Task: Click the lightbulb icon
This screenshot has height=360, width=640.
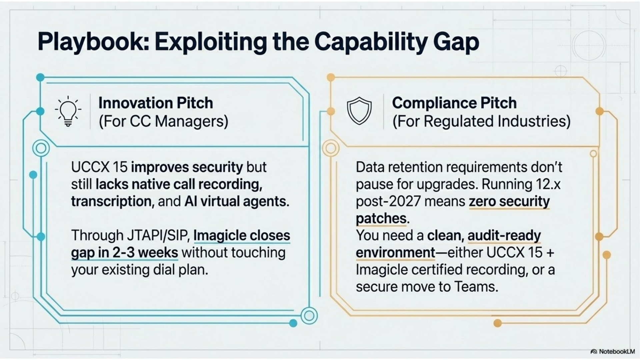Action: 68,111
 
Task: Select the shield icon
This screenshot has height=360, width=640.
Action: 359,111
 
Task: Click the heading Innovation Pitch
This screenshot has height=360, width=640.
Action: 156,103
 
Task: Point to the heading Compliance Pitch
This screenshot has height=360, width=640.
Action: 454,103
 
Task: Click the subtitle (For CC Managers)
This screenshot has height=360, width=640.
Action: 163,121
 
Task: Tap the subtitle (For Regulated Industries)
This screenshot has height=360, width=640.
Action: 481,121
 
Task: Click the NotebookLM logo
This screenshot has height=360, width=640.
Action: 613,351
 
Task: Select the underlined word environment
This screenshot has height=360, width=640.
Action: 395,252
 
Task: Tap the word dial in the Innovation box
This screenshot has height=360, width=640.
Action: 164,270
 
